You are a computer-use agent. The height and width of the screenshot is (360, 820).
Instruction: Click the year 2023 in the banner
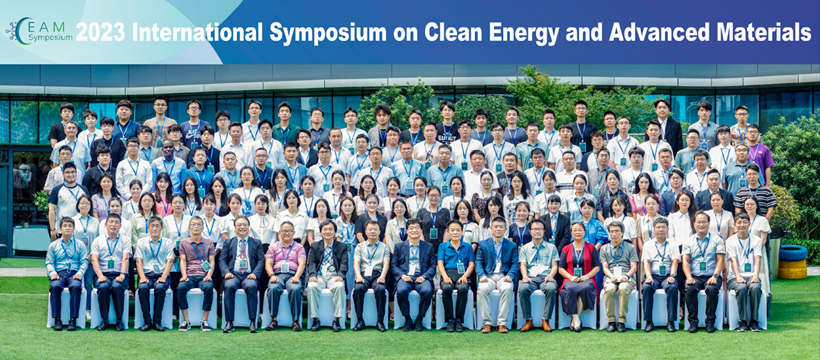100,32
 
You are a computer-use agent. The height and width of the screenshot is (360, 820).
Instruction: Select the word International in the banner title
197,32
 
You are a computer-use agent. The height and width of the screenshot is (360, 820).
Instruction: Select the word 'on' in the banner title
406,34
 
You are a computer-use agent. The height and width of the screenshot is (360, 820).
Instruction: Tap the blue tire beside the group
793,253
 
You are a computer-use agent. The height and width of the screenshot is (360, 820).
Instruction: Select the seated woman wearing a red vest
578,275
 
